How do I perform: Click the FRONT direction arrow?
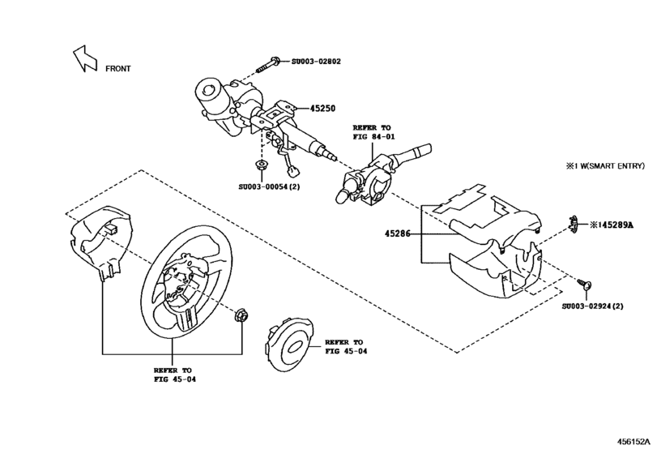click(x=84, y=58)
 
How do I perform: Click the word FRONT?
click(x=117, y=69)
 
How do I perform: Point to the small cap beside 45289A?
click(x=573, y=222)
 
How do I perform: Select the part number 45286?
click(x=399, y=234)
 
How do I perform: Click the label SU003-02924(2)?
click(x=593, y=306)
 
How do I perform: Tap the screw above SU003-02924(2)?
click(x=586, y=283)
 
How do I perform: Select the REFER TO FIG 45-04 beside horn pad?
click(x=344, y=347)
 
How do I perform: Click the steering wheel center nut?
click(x=241, y=315)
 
